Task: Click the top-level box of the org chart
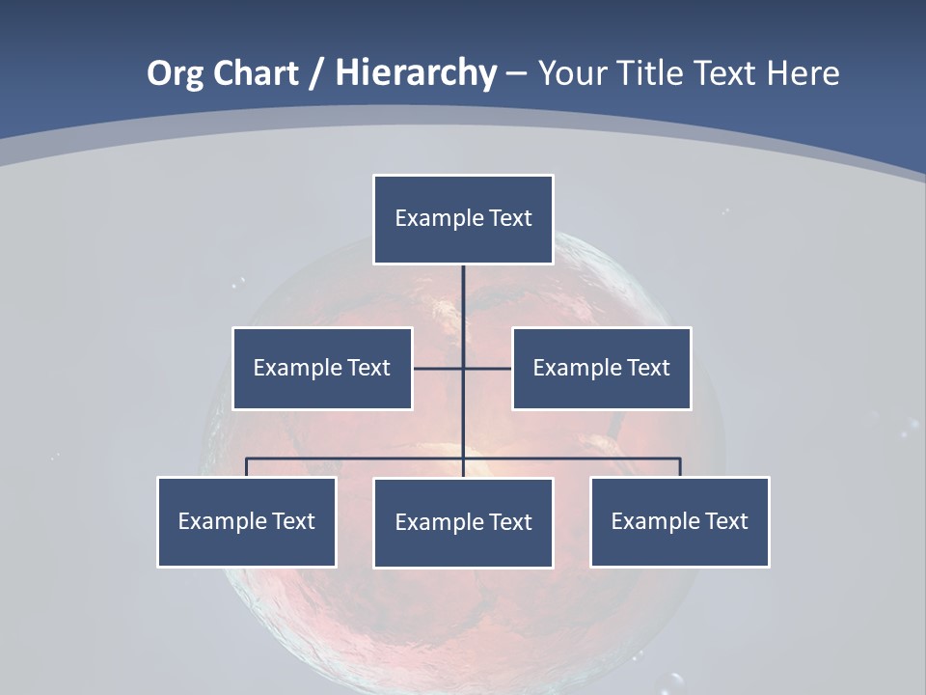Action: tap(463, 219)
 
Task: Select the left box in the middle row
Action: tap(322, 368)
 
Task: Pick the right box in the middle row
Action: tap(601, 368)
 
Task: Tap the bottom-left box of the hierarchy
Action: tap(247, 521)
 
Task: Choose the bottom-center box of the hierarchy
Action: tap(463, 522)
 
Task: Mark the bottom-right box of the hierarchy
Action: tap(679, 521)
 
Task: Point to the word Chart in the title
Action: tap(255, 73)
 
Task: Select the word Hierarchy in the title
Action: tap(416, 73)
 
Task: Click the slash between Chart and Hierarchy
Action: tap(316, 73)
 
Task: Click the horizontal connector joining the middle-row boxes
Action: tap(439, 368)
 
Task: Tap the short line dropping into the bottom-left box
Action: tap(247, 467)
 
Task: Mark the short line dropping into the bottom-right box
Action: tap(680, 467)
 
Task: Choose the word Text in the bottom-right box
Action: tap(726, 521)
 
